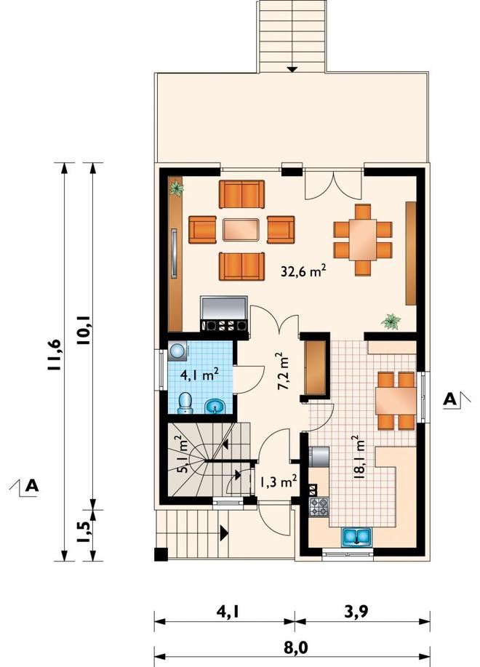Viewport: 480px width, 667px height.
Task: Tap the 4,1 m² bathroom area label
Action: pyautogui.click(x=199, y=375)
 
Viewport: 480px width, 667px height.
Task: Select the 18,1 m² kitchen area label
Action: pyautogui.click(x=359, y=458)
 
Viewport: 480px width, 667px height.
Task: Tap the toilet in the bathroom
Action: pyautogui.click(x=185, y=403)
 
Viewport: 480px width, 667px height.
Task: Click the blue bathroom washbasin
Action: pyautogui.click(x=215, y=407)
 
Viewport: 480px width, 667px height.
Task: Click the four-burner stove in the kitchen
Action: pyautogui.click(x=319, y=507)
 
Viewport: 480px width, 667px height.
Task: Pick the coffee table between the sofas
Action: pyautogui.click(x=241, y=230)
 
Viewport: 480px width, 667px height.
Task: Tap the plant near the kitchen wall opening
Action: pyautogui.click(x=391, y=321)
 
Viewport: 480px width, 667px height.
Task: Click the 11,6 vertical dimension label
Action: pyautogui.click(x=56, y=355)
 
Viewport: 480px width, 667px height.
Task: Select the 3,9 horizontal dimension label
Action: pyautogui.click(x=356, y=611)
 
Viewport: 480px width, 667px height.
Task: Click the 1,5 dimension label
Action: pyautogui.click(x=84, y=531)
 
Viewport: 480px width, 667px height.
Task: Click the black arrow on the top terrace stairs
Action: pyautogui.click(x=292, y=68)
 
